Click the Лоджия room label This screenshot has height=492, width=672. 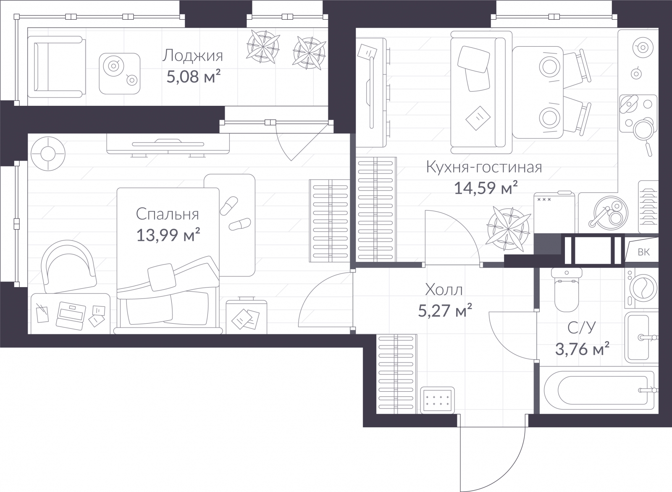[x=193, y=56]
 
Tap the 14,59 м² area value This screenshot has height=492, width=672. [x=486, y=188]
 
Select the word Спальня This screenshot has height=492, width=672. [x=168, y=214]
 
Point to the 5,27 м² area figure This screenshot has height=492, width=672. [x=445, y=310]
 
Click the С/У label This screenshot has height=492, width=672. [x=581, y=328]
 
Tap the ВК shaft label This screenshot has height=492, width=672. [x=644, y=252]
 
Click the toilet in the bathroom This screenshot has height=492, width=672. [x=567, y=290]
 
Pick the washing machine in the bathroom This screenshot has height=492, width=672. [x=641, y=288]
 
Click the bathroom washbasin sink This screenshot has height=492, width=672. [x=641, y=337]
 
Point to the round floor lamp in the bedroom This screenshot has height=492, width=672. [x=48, y=154]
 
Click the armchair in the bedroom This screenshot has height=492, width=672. [x=68, y=267]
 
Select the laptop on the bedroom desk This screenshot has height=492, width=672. [x=71, y=316]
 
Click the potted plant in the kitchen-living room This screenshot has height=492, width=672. [x=508, y=229]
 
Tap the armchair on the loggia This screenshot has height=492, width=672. [x=56, y=67]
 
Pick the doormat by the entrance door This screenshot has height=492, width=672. [x=437, y=400]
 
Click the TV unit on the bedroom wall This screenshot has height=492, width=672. [x=168, y=145]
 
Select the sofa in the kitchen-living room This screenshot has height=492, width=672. [x=481, y=93]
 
